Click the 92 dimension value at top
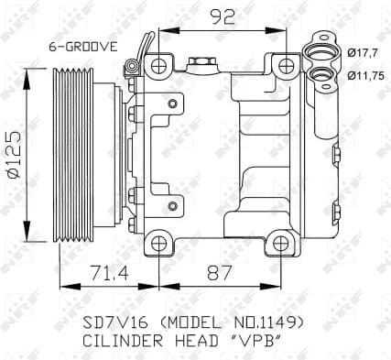(222, 16)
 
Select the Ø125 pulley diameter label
(12, 154)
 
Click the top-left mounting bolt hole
(160, 65)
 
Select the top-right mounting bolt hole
(286, 65)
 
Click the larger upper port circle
(321, 53)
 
